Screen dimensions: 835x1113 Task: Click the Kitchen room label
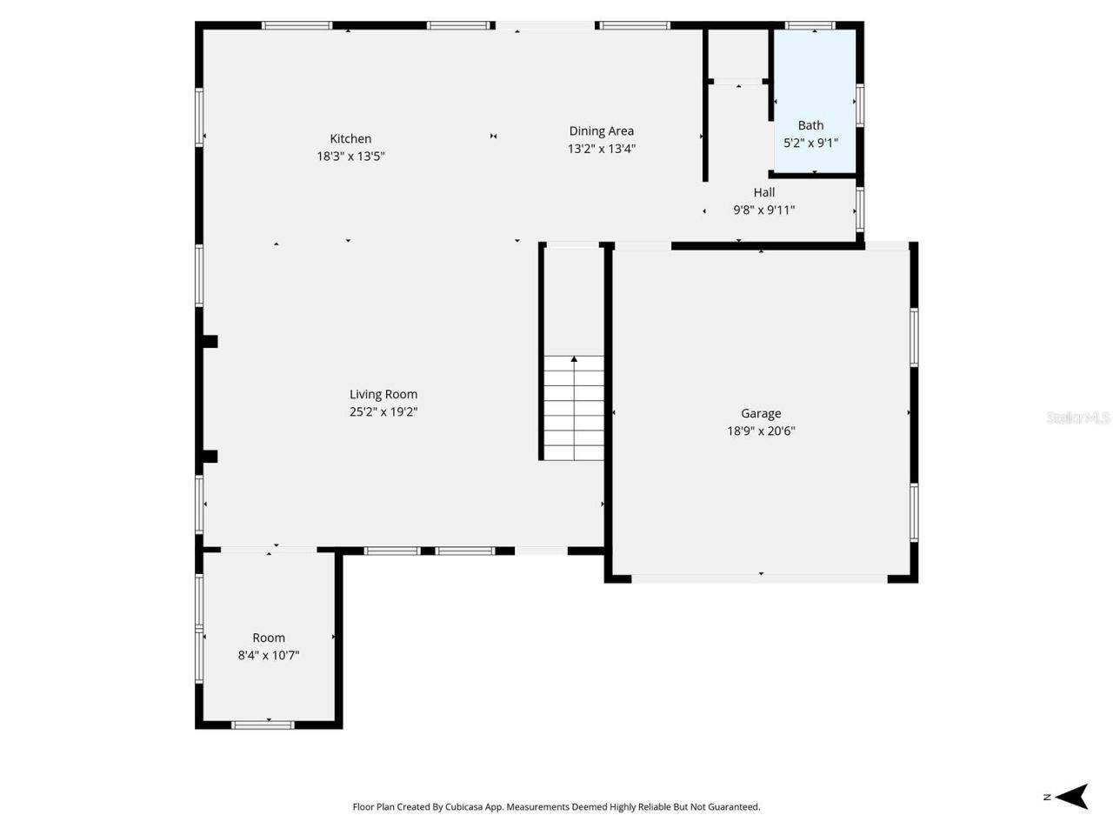350,138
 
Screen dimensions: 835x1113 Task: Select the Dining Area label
601,131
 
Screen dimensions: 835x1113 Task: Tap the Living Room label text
383,394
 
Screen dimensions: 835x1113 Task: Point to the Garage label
761,413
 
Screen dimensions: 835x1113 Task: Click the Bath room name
810,125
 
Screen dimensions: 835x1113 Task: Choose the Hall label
764,192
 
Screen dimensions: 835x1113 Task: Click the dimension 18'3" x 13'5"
350,157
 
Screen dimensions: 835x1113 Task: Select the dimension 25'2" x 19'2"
383,412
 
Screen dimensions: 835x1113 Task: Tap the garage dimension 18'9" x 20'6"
761,431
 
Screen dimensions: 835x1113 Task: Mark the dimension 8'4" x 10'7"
269,656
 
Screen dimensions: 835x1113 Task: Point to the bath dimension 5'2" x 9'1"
810,143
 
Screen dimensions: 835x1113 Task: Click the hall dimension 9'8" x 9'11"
764,210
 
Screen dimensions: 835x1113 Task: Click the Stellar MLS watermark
1078,418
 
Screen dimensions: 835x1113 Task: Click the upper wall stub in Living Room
210,342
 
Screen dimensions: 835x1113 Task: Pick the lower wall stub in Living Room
210,457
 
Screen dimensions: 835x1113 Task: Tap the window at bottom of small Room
263,724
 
